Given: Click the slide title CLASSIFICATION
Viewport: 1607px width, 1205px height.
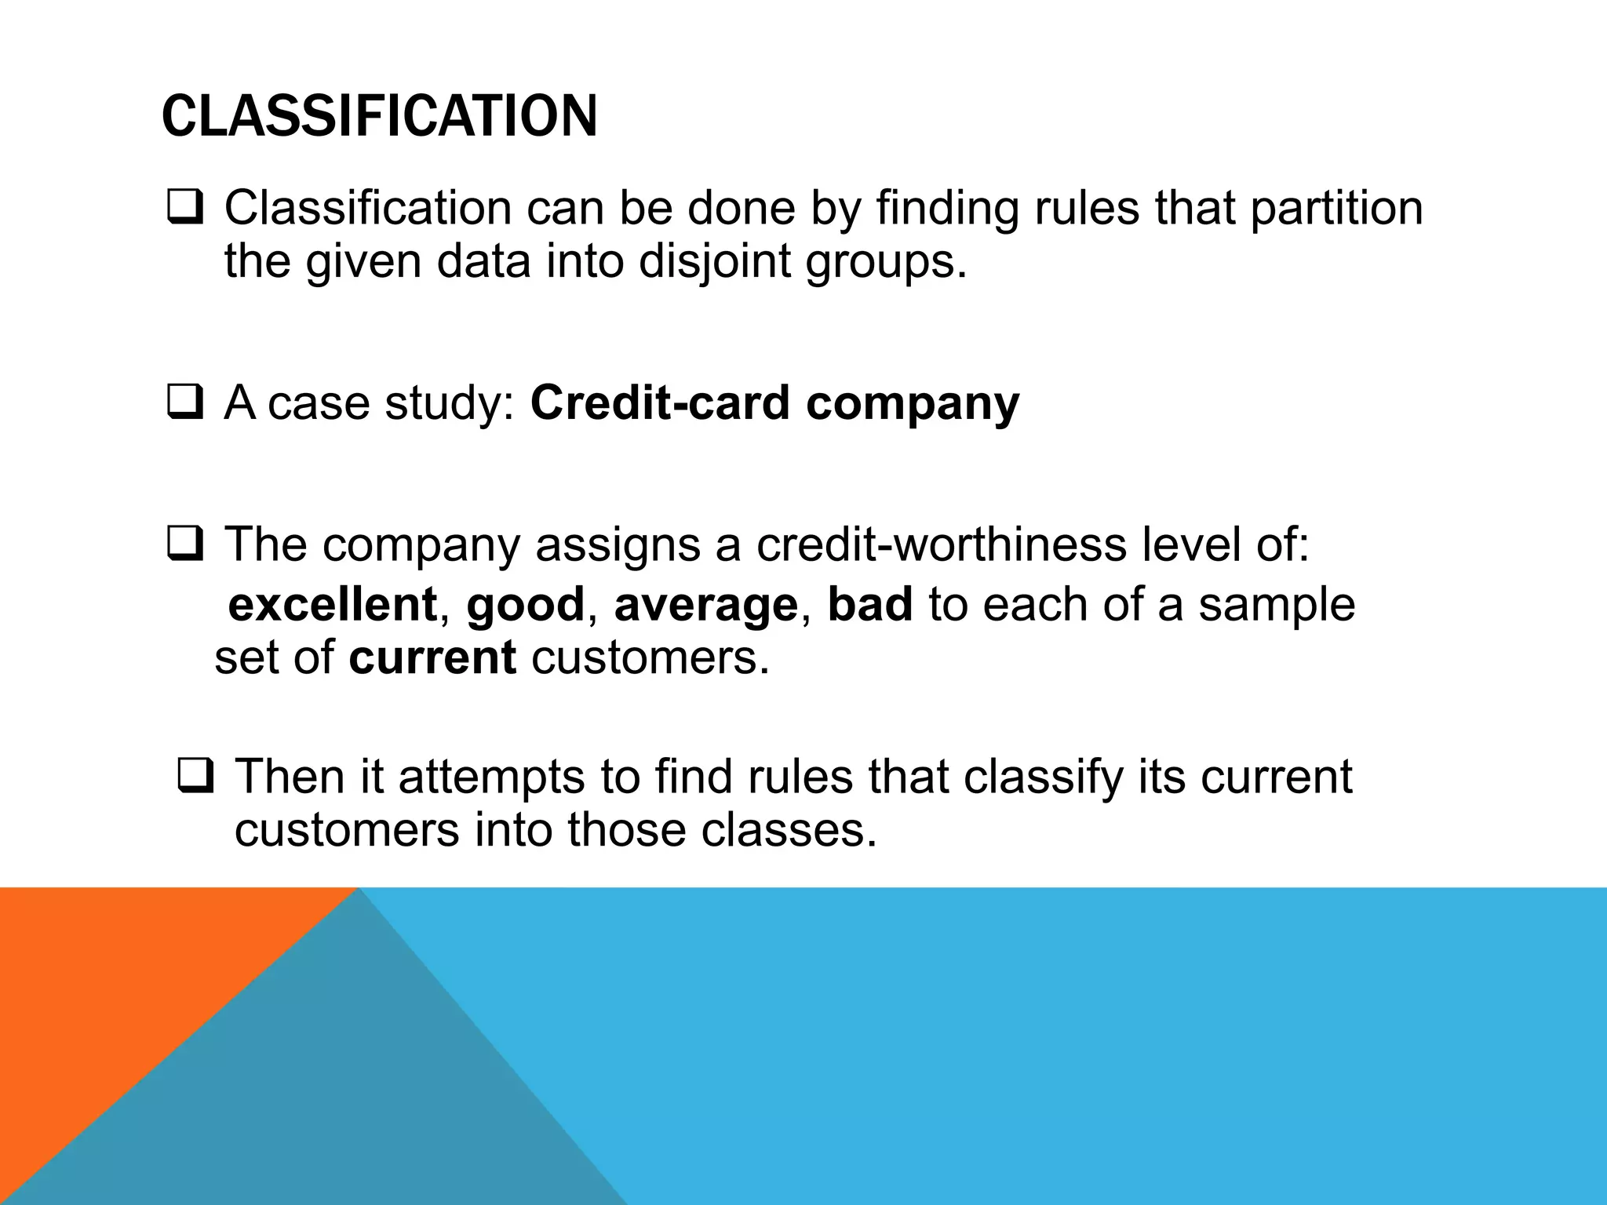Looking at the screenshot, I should click(379, 116).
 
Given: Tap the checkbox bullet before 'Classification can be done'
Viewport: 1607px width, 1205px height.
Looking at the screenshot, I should click(185, 209).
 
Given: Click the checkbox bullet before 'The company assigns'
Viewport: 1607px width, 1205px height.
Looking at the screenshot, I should click(185, 544).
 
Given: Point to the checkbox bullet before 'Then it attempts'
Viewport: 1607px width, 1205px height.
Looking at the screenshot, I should click(195, 777).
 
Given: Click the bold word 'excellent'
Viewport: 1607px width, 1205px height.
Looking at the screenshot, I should click(332, 605).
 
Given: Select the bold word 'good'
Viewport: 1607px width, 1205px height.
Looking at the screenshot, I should click(525, 605).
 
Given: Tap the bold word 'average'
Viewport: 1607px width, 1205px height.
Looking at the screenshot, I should click(705, 605).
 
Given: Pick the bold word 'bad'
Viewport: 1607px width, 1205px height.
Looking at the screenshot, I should click(870, 605).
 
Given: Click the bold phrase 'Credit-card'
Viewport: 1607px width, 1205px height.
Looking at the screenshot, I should click(659, 403).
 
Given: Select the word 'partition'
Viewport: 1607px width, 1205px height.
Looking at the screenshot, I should click(1336, 209).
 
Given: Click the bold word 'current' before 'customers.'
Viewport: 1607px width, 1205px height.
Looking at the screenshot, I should click(432, 657).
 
